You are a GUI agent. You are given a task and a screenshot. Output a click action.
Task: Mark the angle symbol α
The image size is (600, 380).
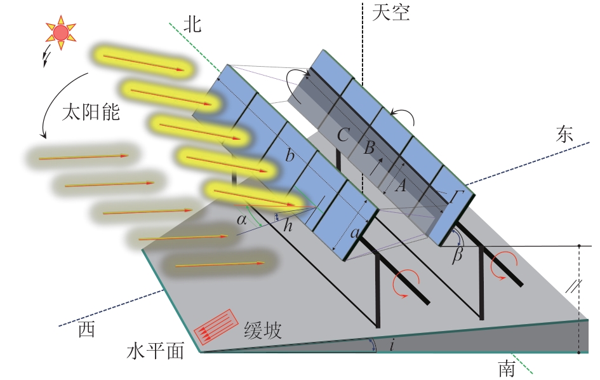pos(241,219)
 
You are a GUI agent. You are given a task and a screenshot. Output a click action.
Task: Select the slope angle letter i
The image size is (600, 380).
pos(392,346)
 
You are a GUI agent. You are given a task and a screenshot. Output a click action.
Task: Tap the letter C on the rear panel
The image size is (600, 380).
pos(343,135)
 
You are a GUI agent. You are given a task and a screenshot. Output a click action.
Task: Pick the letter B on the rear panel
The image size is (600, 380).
pos(369,147)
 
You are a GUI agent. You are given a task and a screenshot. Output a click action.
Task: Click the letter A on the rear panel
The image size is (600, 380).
pos(400,186)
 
